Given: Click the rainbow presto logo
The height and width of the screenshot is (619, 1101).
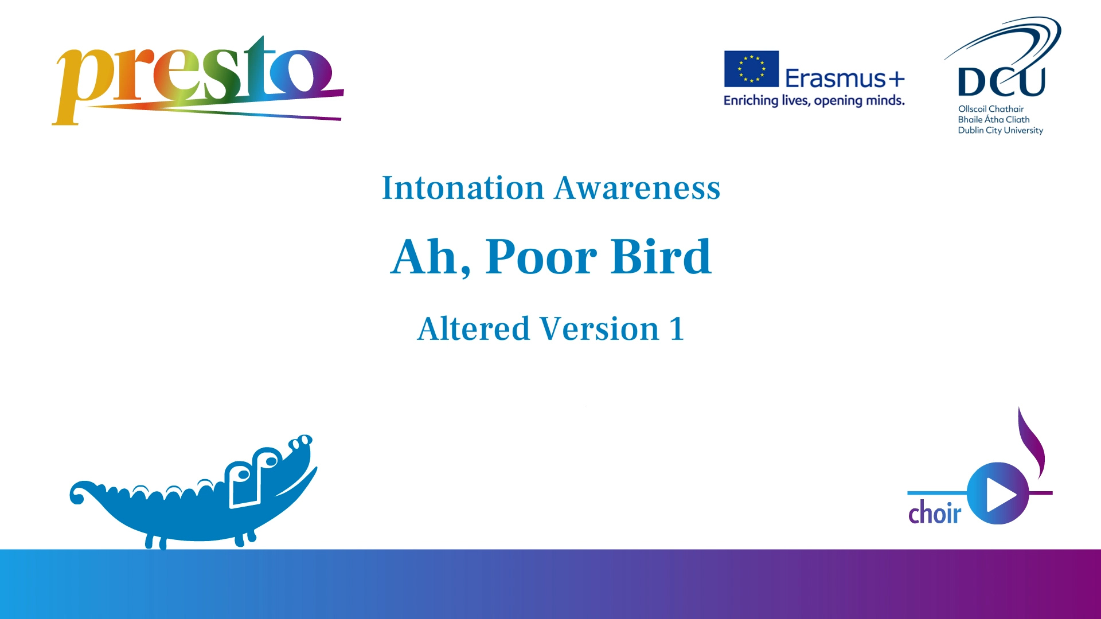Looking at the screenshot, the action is pyautogui.click(x=198, y=80).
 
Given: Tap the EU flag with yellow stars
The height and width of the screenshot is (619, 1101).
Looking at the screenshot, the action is pyautogui.click(x=751, y=69).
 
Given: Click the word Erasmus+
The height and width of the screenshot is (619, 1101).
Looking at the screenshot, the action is pyautogui.click(x=845, y=79).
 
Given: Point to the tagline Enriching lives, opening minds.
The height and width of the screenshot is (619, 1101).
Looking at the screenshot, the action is pyautogui.click(x=814, y=101).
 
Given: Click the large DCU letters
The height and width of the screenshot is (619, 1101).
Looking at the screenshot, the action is pyautogui.click(x=1001, y=82).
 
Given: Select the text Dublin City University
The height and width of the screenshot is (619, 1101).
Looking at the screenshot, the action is pyautogui.click(x=1001, y=131).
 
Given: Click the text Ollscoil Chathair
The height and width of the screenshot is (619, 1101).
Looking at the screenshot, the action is pyautogui.click(x=991, y=109).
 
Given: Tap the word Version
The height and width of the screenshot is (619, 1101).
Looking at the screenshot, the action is pyautogui.click(x=600, y=329).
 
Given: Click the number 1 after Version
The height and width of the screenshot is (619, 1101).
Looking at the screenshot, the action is pyautogui.click(x=677, y=329).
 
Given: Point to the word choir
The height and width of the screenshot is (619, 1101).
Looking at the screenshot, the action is pyautogui.click(x=934, y=513).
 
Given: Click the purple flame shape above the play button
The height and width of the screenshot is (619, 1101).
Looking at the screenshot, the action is pyautogui.click(x=1032, y=442).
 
